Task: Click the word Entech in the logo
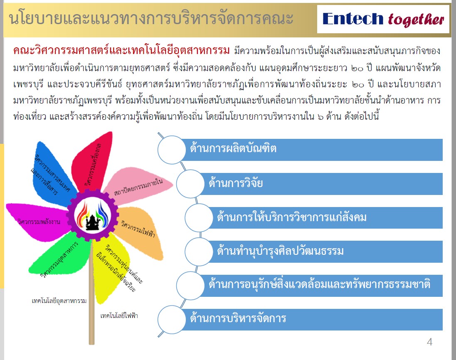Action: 353,19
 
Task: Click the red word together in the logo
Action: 416,20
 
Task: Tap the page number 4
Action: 429,342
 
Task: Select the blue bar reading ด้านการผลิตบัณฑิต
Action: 311,150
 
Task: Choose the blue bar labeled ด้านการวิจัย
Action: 320,184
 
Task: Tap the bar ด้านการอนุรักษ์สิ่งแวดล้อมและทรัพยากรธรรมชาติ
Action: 320,286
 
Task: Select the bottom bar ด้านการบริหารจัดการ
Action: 311,319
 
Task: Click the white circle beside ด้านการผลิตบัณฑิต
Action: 172,150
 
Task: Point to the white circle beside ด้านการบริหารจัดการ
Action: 172,320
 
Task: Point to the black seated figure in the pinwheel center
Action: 92,222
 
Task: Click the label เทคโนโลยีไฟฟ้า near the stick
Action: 119,316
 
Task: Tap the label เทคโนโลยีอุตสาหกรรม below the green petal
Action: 59,301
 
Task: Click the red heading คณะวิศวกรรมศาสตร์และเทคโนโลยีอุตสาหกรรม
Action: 121,50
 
